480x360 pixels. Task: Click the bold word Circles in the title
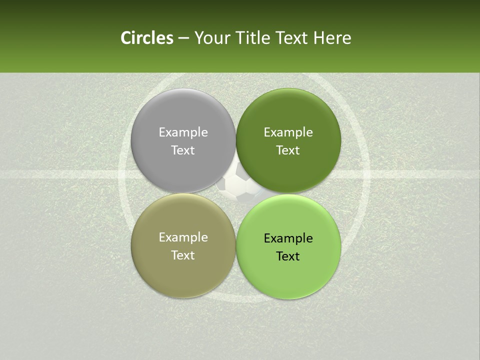(x=147, y=38)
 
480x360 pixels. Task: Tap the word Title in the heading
(x=250, y=38)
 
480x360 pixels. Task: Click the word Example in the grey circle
(x=183, y=132)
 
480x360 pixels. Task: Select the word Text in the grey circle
(x=183, y=150)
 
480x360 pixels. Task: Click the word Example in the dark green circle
(x=288, y=132)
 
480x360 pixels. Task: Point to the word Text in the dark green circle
(x=288, y=150)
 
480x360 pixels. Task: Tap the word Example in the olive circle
(x=183, y=237)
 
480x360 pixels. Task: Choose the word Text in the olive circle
(x=183, y=255)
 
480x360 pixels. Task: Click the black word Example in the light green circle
(x=288, y=238)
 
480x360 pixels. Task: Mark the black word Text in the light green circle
(x=288, y=256)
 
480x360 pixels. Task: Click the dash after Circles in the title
(x=183, y=38)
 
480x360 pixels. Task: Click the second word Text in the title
(x=291, y=38)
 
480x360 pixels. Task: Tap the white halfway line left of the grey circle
(x=60, y=174)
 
